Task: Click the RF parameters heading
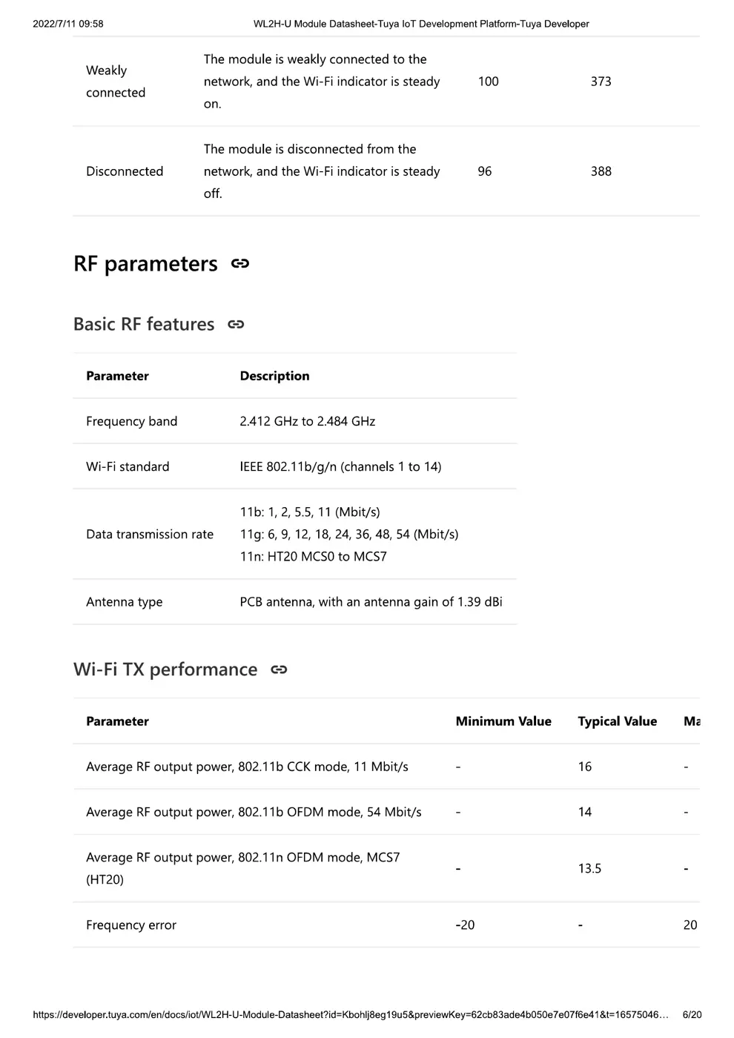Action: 145,264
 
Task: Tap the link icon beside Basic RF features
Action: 236,325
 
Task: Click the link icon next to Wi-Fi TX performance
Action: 279,670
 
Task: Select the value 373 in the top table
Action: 601,82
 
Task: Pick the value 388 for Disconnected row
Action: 601,171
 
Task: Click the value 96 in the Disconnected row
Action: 485,171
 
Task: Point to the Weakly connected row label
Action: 116,82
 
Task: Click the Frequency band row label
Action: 131,421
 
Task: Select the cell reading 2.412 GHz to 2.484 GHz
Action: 307,421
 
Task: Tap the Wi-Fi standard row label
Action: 128,466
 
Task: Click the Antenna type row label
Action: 124,602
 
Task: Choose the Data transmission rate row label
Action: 150,535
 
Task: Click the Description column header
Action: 274,376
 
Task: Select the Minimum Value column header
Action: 503,721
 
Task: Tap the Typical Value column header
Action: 617,721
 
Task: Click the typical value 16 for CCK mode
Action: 585,767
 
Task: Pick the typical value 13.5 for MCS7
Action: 589,868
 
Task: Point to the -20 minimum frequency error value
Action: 465,925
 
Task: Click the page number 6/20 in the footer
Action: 692,1014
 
